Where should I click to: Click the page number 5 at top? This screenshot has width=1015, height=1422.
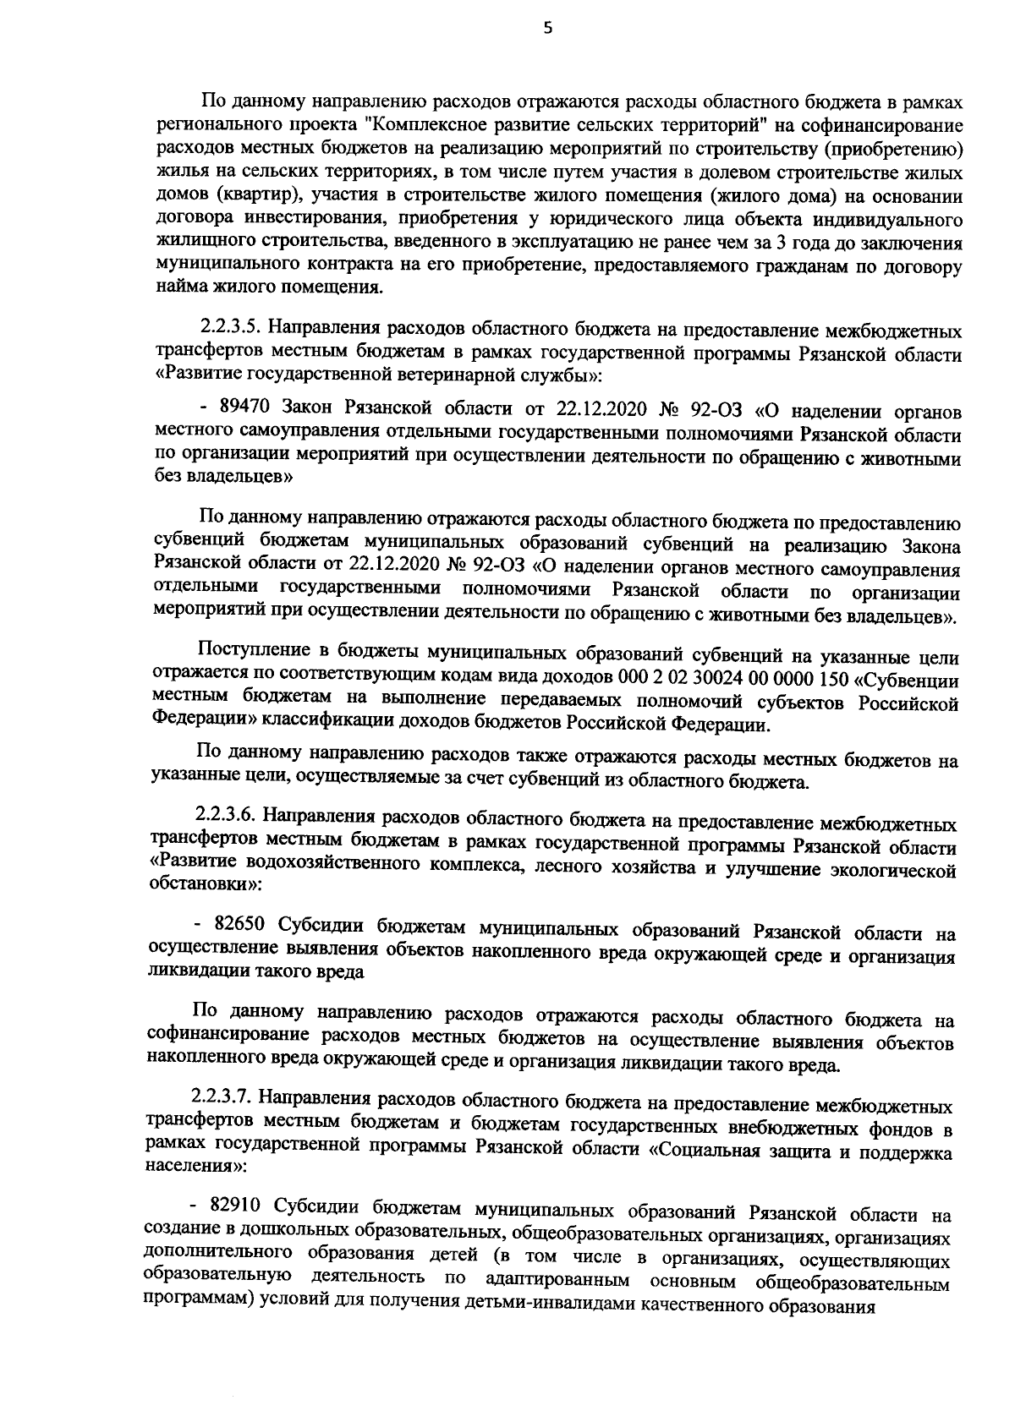click(x=546, y=28)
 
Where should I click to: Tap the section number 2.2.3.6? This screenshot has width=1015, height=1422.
click(x=226, y=819)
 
